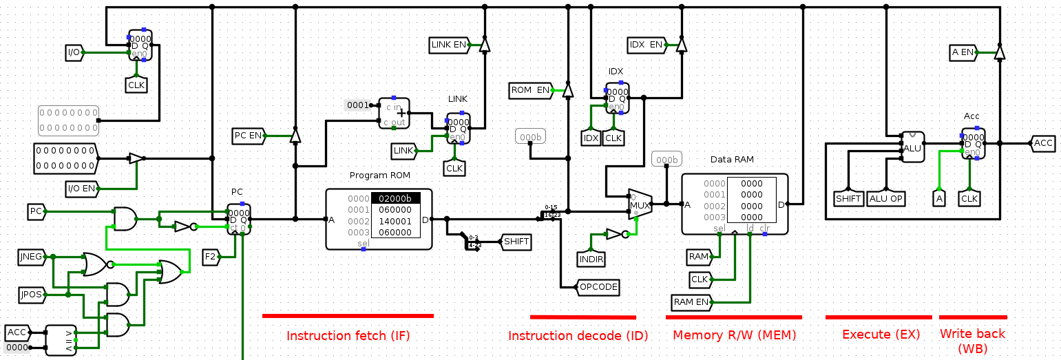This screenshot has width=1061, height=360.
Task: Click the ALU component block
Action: tap(913, 147)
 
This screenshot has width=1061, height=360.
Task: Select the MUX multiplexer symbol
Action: tap(640, 204)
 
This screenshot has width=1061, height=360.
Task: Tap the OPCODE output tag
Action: tap(598, 287)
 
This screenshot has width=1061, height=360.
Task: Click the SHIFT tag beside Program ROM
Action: tap(516, 242)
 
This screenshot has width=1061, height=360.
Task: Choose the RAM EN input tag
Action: tap(692, 302)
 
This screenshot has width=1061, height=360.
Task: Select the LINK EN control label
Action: tap(449, 45)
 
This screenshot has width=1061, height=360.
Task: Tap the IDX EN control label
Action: tap(647, 45)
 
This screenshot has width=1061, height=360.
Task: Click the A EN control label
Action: tap(963, 52)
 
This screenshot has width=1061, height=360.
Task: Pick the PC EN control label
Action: tap(249, 136)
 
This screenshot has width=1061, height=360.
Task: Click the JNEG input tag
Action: tap(31, 258)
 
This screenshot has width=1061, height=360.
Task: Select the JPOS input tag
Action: tap(31, 295)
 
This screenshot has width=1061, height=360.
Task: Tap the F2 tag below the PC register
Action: tap(211, 257)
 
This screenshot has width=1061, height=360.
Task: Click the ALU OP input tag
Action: tap(886, 198)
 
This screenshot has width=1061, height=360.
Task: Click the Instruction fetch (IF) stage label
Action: tap(348, 336)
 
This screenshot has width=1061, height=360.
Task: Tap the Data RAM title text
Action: tap(732, 160)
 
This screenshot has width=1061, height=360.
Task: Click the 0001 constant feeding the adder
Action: tap(357, 105)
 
